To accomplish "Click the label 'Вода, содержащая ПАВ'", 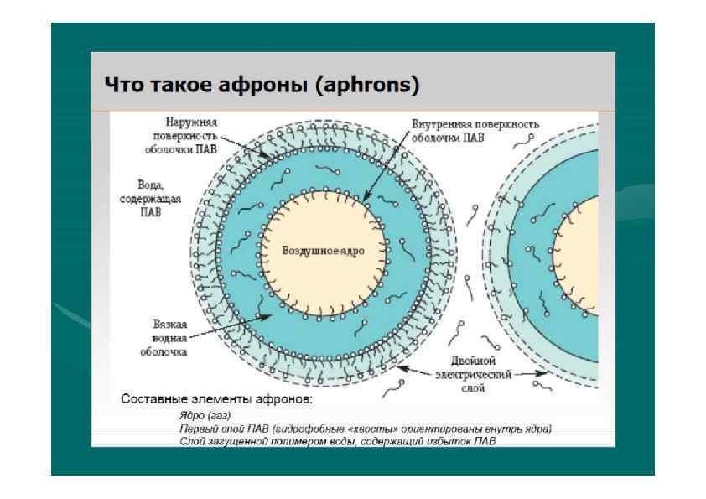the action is pyautogui.click(x=149, y=198).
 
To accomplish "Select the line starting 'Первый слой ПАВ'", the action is pyautogui.click(x=366, y=428).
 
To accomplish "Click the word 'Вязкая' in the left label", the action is pyautogui.click(x=170, y=325).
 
